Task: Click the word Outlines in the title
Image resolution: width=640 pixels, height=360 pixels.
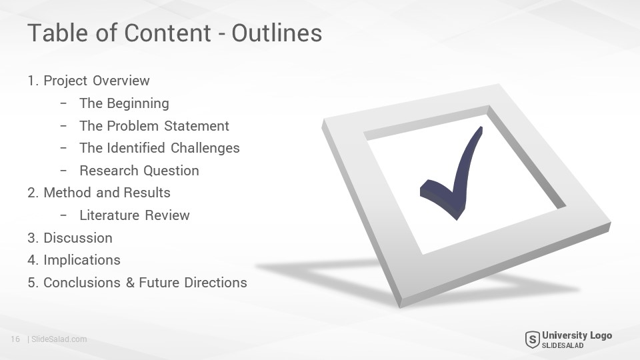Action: (x=277, y=33)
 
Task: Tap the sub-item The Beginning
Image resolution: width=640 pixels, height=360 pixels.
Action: (x=124, y=104)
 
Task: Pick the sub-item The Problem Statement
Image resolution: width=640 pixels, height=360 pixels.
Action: (x=154, y=126)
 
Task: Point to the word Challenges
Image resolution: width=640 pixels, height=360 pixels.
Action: (x=205, y=148)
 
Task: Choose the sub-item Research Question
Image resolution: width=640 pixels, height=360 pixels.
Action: (x=139, y=171)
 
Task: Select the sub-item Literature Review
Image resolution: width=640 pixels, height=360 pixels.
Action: (x=135, y=215)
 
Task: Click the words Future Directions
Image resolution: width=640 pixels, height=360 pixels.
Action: (x=193, y=283)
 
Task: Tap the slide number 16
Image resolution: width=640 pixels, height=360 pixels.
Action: (x=15, y=339)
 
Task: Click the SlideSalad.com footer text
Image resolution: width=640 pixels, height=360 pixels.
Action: (x=59, y=339)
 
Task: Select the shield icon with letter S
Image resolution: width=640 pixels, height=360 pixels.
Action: (x=532, y=339)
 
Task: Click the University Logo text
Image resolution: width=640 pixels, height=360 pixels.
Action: (x=577, y=335)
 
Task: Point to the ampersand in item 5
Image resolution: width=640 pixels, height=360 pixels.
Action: (x=130, y=283)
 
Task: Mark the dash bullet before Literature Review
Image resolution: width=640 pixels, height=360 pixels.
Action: (x=63, y=215)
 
